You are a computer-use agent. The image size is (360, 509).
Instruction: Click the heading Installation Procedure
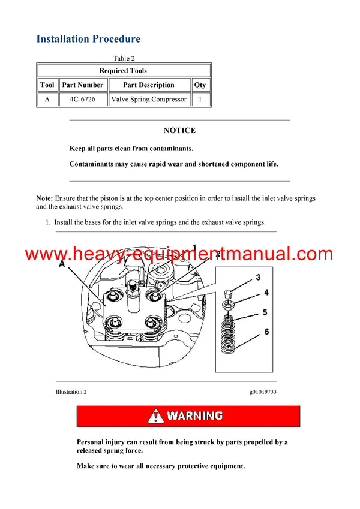88,39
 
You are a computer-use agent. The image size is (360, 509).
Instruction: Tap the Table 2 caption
124,58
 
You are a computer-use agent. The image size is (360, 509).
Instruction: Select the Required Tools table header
123,71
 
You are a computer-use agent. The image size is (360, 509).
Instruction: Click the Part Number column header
82,85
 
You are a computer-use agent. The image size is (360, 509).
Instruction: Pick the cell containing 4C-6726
82,100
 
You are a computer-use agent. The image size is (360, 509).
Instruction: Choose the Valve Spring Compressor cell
148,100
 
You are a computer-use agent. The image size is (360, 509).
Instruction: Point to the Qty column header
200,85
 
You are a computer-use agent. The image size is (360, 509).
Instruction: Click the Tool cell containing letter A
47,100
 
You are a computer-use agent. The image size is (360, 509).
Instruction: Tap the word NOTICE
179,131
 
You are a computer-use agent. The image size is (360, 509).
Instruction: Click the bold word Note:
44,198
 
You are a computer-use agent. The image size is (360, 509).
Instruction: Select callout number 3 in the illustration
258,277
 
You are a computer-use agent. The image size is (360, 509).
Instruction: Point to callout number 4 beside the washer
266,293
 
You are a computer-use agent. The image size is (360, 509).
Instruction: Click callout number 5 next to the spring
265,312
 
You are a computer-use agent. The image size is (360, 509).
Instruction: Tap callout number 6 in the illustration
266,332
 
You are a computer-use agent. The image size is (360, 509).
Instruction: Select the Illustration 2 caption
71,392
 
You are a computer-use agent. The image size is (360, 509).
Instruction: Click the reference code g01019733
263,392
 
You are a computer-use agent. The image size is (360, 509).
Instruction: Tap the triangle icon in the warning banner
156,416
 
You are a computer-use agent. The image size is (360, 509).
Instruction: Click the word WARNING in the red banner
194,416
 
